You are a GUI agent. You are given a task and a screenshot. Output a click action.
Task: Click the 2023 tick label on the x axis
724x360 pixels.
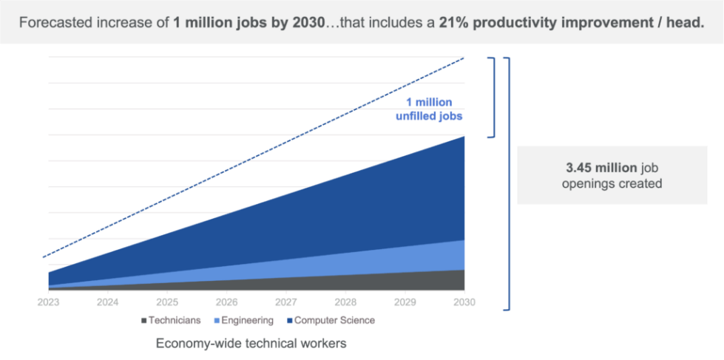(49, 302)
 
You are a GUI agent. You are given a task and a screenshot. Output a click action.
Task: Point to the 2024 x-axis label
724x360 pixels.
(108, 302)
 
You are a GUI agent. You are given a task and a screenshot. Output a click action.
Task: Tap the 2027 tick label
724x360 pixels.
(286, 302)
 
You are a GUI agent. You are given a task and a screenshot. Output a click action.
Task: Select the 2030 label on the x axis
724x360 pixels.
(464, 302)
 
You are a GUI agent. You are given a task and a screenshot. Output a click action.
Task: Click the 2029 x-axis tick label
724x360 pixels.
(405, 302)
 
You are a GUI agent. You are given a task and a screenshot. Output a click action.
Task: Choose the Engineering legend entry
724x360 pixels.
(243, 321)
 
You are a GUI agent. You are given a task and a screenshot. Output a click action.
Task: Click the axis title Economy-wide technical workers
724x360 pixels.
(251, 343)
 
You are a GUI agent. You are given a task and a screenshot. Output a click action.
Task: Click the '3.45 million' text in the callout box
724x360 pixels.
(591, 168)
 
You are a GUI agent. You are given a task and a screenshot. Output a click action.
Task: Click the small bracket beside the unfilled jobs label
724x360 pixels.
(493, 97)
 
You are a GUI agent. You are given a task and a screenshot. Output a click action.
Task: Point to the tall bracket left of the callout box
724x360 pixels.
(508, 183)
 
